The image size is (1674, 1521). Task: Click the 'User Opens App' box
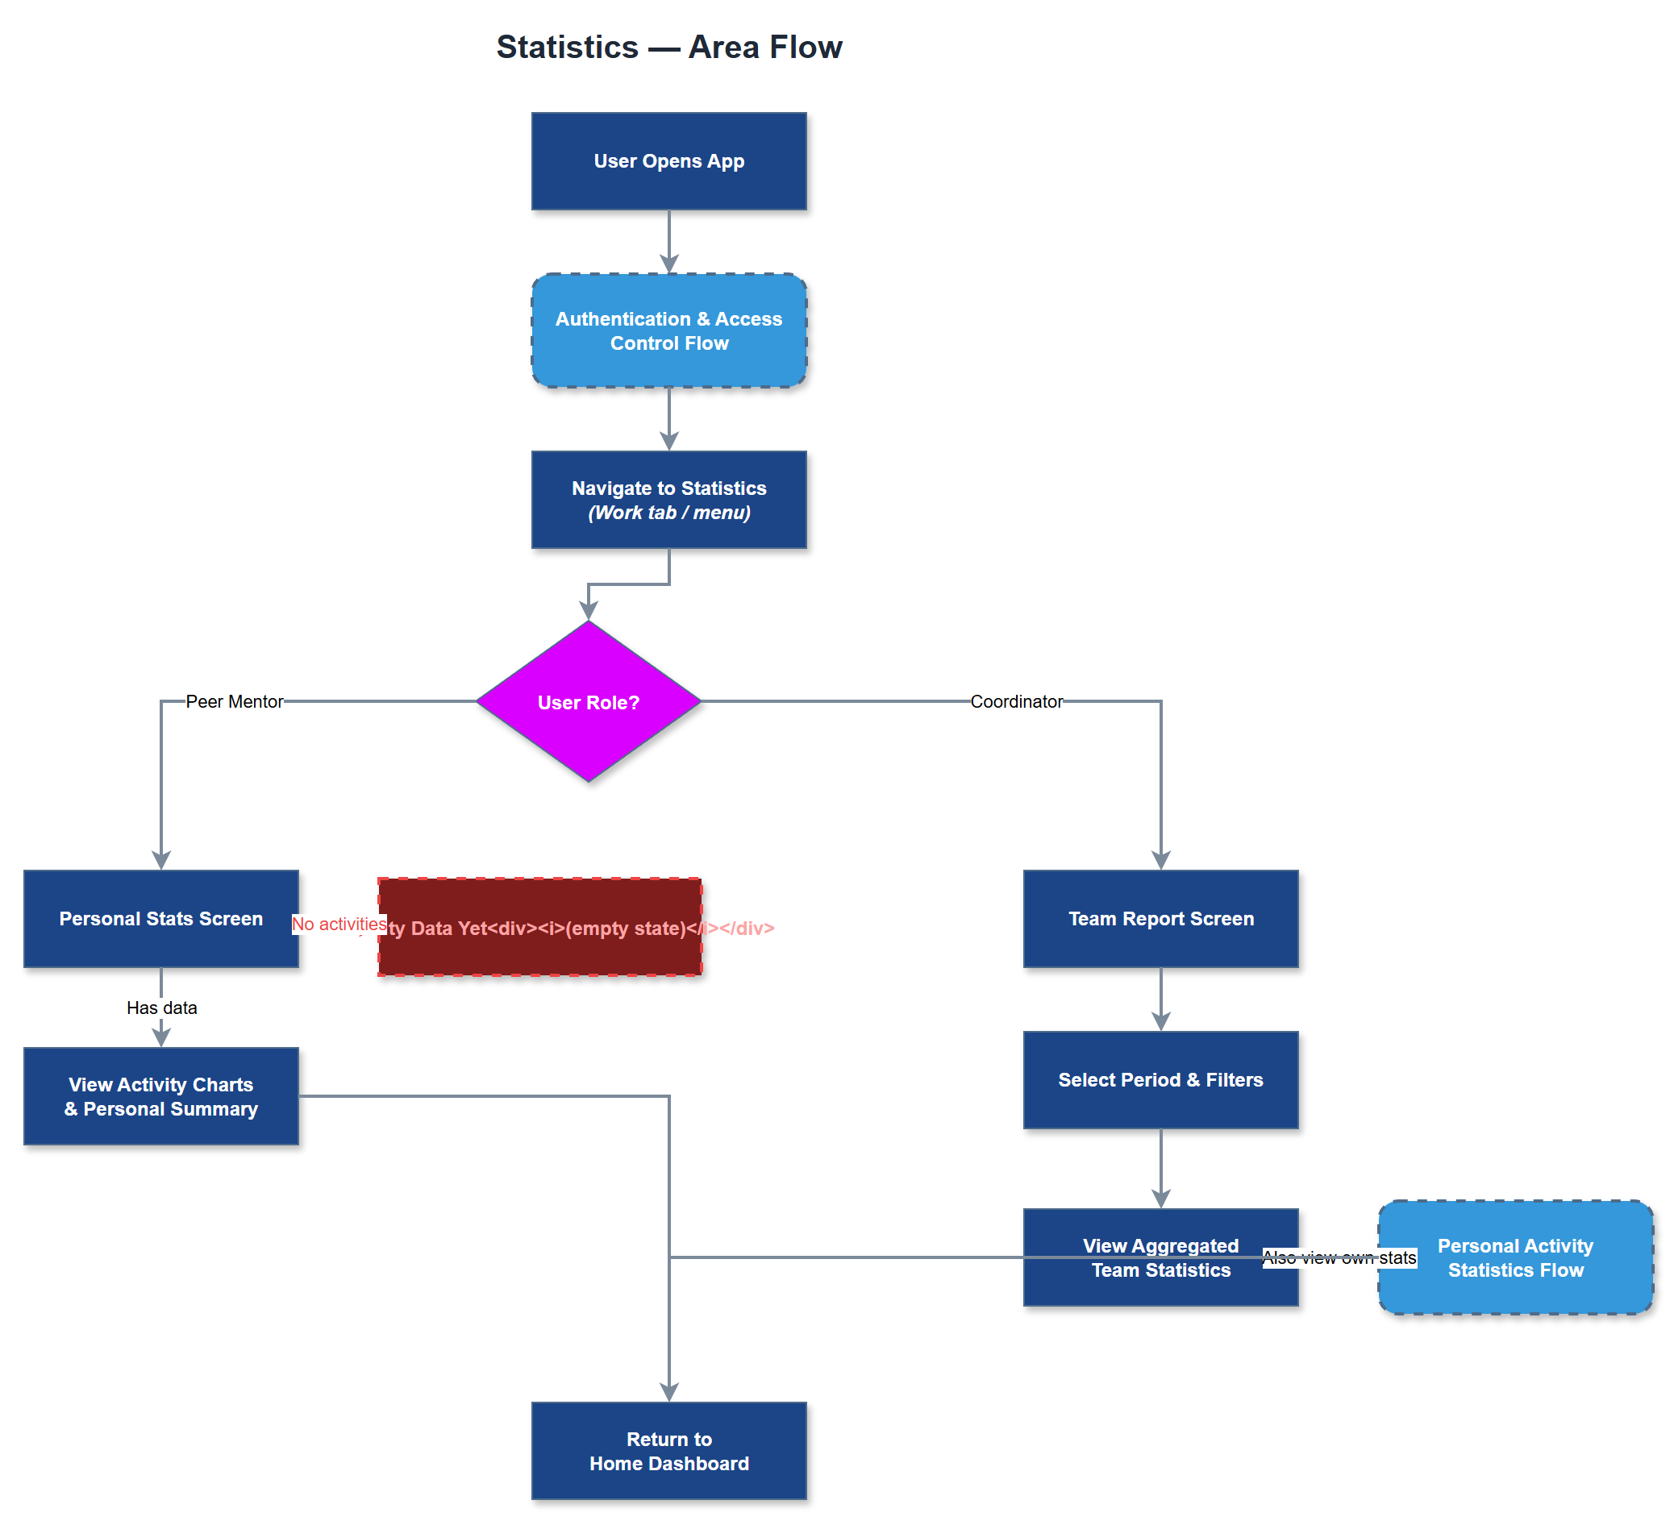coord(668,161)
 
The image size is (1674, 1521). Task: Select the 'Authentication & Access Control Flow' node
coord(668,330)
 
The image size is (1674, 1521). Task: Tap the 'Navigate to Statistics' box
coord(668,500)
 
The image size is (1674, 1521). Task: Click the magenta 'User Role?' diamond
coord(589,701)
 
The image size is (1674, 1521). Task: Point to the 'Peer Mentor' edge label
coord(234,701)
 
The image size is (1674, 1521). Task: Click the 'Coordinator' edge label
coord(1015,701)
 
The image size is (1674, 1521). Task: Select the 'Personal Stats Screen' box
coord(161,918)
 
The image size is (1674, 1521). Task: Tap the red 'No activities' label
coord(338,924)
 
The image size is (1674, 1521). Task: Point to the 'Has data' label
coord(162,1007)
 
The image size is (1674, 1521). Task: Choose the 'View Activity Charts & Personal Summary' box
coord(161,1096)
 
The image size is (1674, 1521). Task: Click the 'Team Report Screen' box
coord(1160,918)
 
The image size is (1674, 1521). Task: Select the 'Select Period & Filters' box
coord(1160,1079)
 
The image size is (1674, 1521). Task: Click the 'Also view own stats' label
coord(1339,1257)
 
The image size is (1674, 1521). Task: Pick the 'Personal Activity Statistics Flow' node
coord(1514,1257)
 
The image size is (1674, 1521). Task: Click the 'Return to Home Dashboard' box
coord(668,1450)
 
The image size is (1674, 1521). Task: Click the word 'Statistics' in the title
coord(567,48)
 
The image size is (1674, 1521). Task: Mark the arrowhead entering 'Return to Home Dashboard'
coord(668,1392)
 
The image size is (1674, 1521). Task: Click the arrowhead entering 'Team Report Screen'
coord(1160,860)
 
